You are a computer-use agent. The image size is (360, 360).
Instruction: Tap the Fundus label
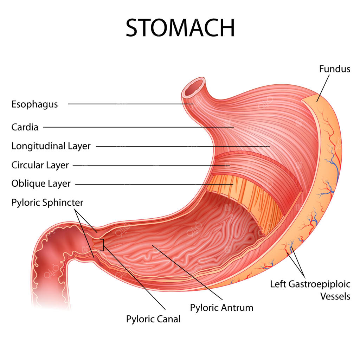pos(335,69)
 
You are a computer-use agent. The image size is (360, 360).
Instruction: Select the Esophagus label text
pos(35,104)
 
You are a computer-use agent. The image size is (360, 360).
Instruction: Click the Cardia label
pos(25,127)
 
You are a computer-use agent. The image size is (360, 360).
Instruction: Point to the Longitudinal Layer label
pos(51,146)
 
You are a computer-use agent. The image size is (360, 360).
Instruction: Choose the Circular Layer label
pos(40,165)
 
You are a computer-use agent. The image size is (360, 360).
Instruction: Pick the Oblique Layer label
pos(41,184)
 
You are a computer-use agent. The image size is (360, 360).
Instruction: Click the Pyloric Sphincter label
pos(47,203)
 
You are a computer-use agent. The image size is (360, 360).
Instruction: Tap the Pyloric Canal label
pos(153,319)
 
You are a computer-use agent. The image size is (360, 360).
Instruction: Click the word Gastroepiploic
pos(319,284)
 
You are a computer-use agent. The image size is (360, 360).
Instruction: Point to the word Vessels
pos(335,296)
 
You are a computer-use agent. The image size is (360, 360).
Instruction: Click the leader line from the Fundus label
pos(323,88)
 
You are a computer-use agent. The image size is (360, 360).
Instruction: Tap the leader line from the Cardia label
pos(139,127)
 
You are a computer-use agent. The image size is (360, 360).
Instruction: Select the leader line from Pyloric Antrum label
pos(187,272)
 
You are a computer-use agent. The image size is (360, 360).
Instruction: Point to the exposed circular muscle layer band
pos(255,170)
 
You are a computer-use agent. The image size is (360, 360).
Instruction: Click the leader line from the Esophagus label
pos(130,104)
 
